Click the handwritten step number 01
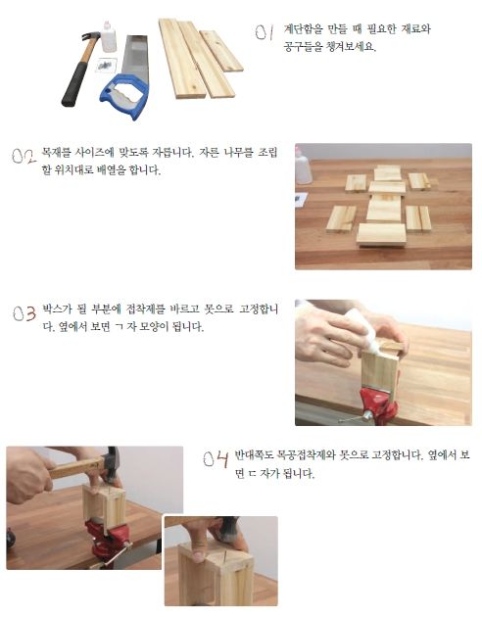point(264,32)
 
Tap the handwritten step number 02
point(24,156)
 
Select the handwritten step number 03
point(24,313)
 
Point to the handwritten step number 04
point(216,459)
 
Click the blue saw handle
point(124,96)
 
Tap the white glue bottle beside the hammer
point(109,36)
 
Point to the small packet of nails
point(106,65)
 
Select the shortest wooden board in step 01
point(221,51)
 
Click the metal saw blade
point(135,56)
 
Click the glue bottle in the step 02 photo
point(304,166)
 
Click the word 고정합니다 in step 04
point(397,455)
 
